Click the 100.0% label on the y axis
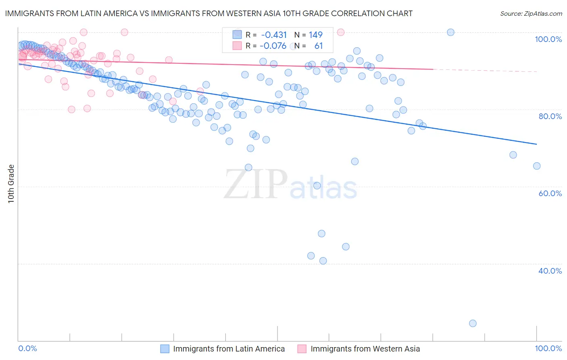tap(548, 39)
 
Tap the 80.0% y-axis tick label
tap(550, 116)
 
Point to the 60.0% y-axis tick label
tap(550, 193)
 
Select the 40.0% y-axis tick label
tap(550, 270)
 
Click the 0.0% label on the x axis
tap(28, 349)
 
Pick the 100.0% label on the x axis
tap(548, 349)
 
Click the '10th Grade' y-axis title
tap(11, 184)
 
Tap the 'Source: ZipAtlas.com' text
tap(531, 14)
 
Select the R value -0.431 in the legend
tap(273, 35)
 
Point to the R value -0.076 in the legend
tap(273, 46)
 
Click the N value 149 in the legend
tap(316, 35)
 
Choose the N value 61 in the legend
tap(319, 46)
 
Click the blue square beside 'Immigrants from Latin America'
tap(165, 349)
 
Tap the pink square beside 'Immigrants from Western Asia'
tap(302, 349)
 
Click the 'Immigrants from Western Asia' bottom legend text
tap(365, 349)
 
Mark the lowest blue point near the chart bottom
tap(473, 323)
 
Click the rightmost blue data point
tap(536, 166)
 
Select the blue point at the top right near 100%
tap(450, 32)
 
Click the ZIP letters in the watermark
tap(255, 184)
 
